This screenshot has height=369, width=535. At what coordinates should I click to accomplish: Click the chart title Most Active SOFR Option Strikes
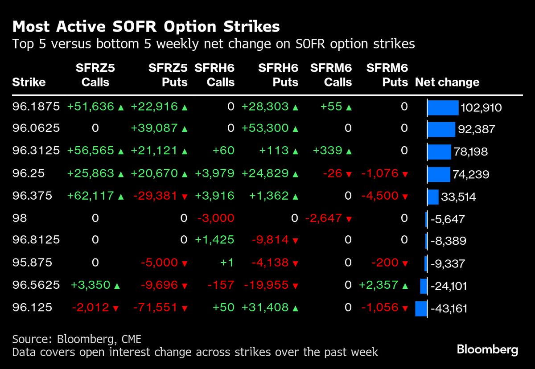coord(146,27)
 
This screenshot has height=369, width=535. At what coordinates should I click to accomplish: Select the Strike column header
coord(29,82)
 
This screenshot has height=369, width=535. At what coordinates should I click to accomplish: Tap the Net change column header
coord(447,82)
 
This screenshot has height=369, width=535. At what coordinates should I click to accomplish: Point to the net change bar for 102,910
coord(443,107)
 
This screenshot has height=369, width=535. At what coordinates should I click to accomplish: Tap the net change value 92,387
coord(476,130)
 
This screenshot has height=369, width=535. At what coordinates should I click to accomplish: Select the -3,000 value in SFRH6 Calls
coord(216,218)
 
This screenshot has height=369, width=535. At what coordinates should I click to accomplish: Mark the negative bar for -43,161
coord(421,308)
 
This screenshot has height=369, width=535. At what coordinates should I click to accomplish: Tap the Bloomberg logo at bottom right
coord(487,349)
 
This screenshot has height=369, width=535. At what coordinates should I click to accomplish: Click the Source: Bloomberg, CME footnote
coord(77,339)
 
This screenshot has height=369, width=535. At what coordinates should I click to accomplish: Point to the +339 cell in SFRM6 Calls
coord(328,151)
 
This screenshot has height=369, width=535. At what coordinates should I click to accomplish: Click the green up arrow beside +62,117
coord(120,196)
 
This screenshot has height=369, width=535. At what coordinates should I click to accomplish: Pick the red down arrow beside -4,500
coord(404,197)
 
